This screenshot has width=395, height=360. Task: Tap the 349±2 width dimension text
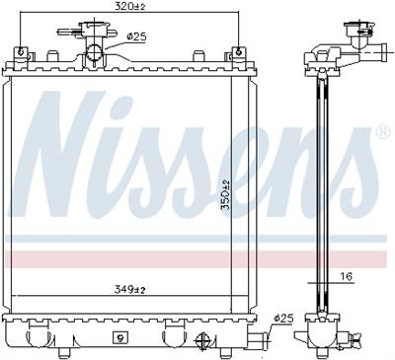[128, 289]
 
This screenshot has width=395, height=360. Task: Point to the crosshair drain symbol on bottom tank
[204, 342]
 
